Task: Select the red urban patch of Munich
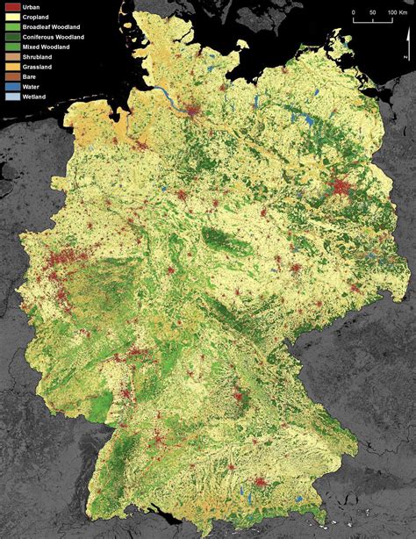tap(261, 482)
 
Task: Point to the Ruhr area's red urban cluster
tap(63, 261)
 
